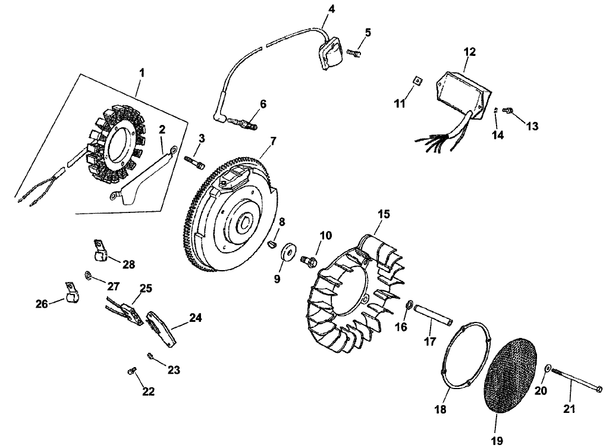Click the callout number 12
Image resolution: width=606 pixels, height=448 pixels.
click(470, 52)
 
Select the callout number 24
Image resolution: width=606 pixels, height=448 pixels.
click(195, 318)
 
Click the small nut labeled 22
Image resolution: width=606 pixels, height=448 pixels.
click(131, 372)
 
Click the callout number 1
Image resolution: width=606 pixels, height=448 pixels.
click(141, 72)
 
